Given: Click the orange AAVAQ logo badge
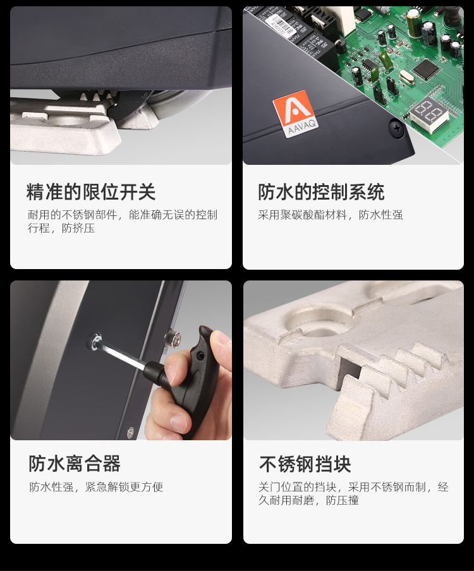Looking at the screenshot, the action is tap(296, 114).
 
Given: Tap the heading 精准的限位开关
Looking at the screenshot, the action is tap(91, 192).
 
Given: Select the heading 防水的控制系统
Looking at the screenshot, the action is tap(321, 192).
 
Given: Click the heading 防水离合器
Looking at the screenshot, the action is tap(75, 464).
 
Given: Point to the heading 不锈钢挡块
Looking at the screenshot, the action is tap(305, 464).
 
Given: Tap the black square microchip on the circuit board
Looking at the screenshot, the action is tap(425, 69).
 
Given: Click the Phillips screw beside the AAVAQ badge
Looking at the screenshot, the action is tap(397, 128).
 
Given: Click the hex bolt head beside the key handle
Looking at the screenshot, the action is tap(173, 339).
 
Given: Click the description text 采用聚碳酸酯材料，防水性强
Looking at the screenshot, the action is tap(331, 215).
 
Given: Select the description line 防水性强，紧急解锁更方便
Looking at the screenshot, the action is tap(96, 487).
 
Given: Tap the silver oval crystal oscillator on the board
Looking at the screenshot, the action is tap(406, 78).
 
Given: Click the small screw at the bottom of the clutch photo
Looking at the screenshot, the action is tap(131, 431).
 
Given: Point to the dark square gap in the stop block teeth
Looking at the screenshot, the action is tap(348, 370).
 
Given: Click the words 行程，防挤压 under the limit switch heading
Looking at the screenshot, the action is tap(61, 228).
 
